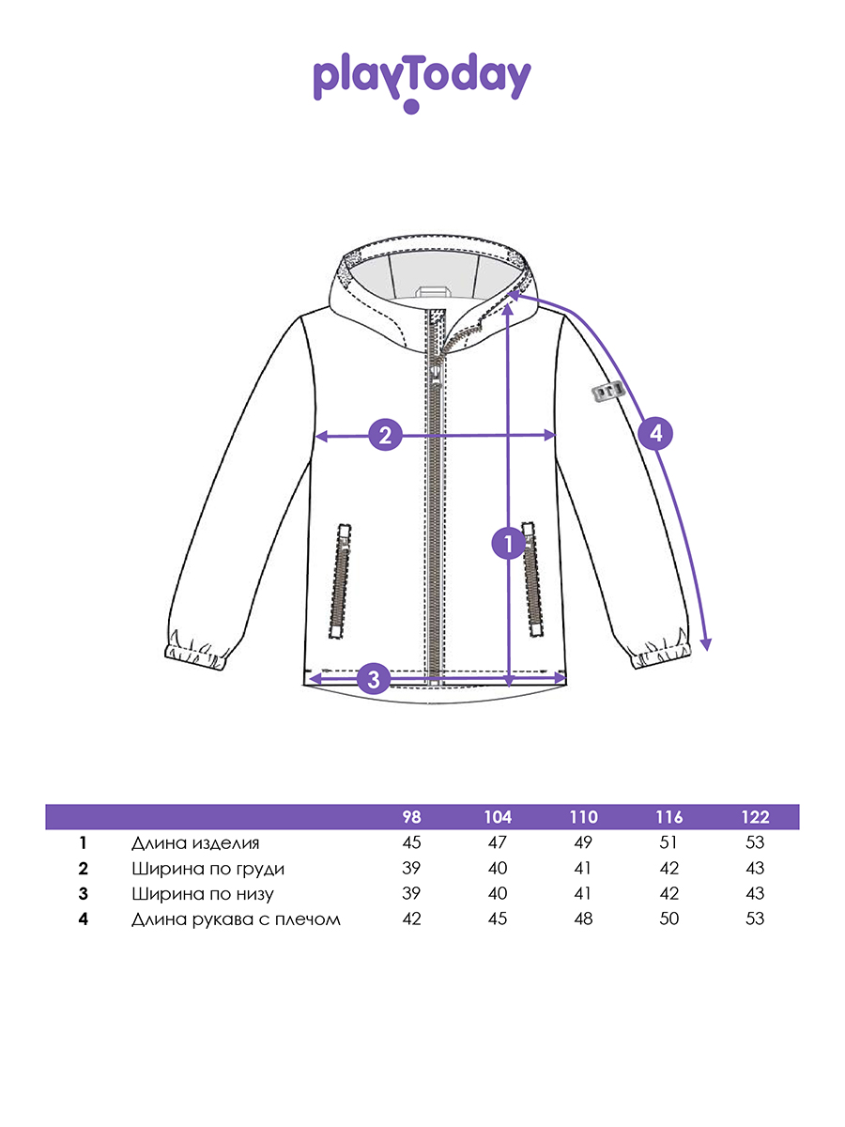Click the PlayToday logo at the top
pyautogui.click(x=422, y=81)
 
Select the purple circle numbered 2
pyautogui.click(x=385, y=435)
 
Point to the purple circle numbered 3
pyautogui.click(x=373, y=677)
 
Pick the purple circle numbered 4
pyautogui.click(x=655, y=433)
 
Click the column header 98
pyautogui.click(x=411, y=817)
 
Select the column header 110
pyautogui.click(x=583, y=817)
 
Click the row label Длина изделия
pyautogui.click(x=195, y=842)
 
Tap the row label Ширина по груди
pyautogui.click(x=207, y=868)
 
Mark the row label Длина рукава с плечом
pyautogui.click(x=236, y=919)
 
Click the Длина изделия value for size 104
pyautogui.click(x=498, y=842)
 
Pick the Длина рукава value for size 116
pyautogui.click(x=669, y=919)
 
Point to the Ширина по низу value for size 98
pyautogui.click(x=411, y=893)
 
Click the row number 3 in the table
pyautogui.click(x=84, y=893)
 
